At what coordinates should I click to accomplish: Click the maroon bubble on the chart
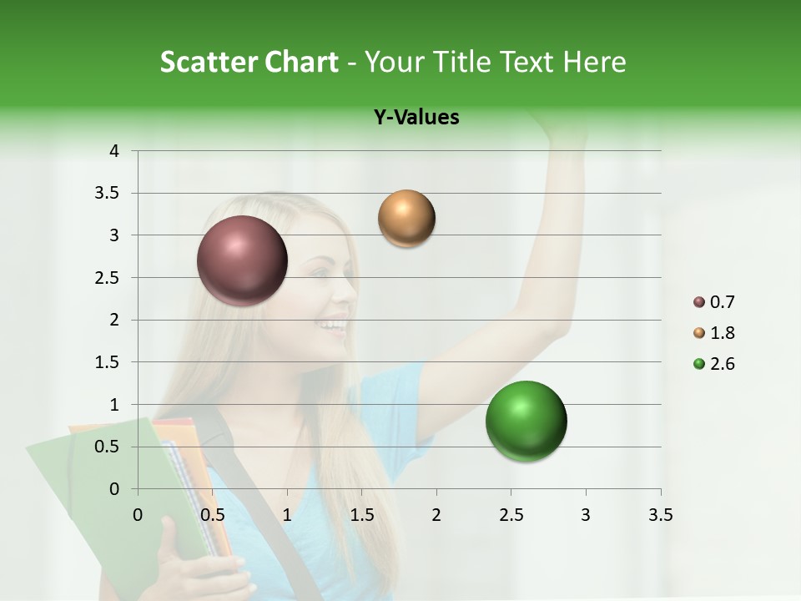243,260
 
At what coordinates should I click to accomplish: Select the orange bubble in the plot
406,219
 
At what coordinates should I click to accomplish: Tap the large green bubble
526,421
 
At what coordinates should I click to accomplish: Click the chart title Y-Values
416,118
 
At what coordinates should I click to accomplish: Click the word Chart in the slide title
305,62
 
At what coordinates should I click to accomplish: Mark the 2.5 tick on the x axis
511,515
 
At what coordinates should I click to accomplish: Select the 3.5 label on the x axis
661,515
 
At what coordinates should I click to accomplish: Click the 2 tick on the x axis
436,515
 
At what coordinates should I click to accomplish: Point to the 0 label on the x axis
139,515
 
